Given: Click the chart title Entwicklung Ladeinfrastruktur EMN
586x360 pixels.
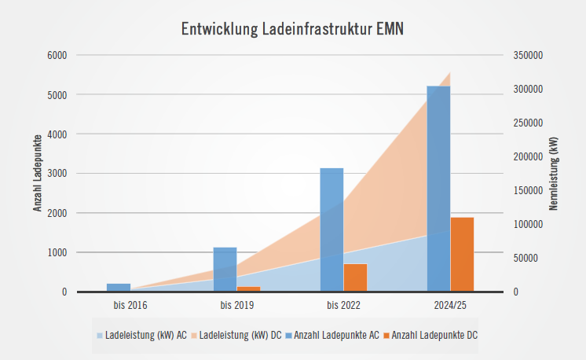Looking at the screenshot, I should [x=293, y=29].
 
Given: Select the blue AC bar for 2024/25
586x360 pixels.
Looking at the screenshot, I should [x=438, y=189].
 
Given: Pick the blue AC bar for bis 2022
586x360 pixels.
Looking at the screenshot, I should [x=331, y=230].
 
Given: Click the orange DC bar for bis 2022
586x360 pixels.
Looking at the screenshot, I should [x=355, y=277].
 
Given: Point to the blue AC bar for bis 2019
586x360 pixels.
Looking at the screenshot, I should [x=225, y=269].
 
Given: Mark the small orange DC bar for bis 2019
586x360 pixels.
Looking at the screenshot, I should [x=248, y=288].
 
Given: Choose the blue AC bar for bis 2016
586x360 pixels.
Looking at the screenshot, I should [x=118, y=287].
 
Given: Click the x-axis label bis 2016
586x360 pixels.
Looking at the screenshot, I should [x=130, y=305].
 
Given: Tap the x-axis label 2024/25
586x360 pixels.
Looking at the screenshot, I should [x=450, y=305].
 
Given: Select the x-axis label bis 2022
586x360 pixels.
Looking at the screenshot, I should [x=343, y=305].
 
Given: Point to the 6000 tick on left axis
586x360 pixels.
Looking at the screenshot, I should [x=57, y=55].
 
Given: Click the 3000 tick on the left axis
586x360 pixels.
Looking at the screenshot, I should [x=57, y=174].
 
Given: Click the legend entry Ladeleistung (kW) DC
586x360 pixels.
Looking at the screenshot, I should [x=240, y=335].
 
